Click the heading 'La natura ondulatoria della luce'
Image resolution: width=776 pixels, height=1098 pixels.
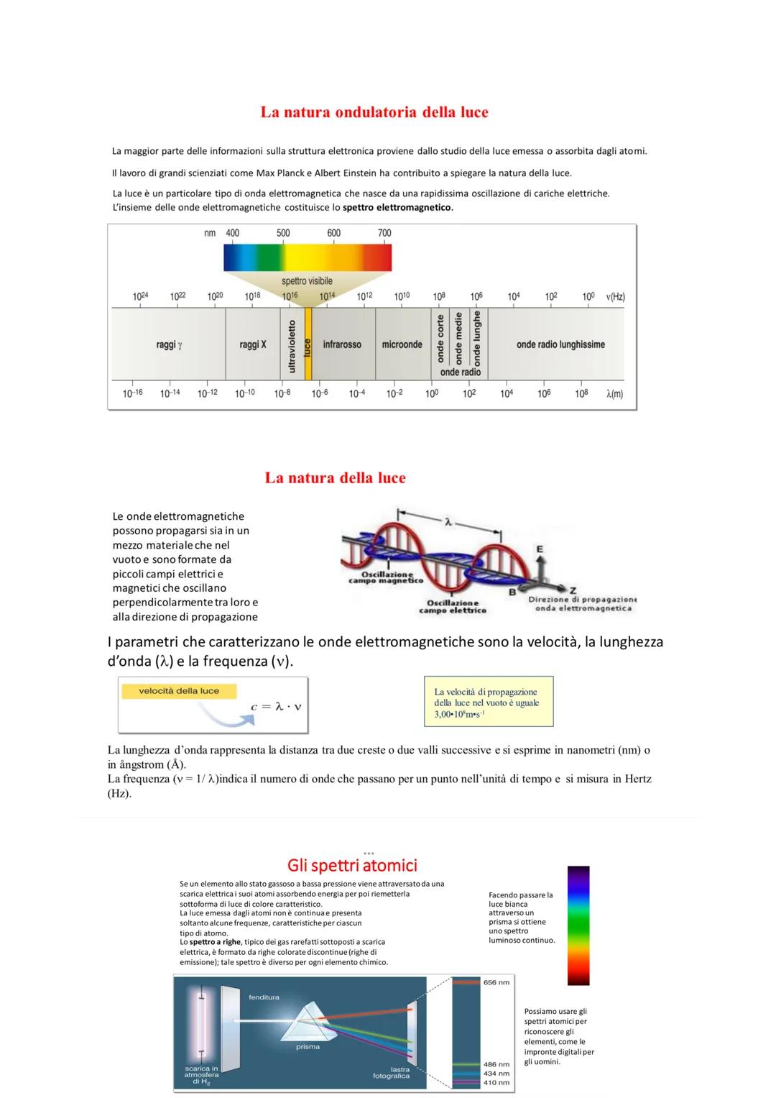point(374,112)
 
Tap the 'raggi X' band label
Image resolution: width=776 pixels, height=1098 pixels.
point(253,344)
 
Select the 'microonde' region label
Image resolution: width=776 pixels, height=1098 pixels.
point(402,344)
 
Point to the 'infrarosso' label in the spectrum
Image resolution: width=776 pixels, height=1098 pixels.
point(342,344)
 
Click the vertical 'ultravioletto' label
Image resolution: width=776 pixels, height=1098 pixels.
point(292,347)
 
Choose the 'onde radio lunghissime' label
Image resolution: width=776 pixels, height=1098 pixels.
point(560,344)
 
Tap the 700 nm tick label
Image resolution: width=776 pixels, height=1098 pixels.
point(384,233)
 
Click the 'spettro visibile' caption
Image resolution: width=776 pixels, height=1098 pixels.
point(307,281)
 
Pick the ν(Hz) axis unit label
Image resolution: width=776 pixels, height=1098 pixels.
point(615,296)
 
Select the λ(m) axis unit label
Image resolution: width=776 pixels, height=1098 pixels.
point(614,393)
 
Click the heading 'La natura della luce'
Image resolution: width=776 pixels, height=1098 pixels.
point(335,478)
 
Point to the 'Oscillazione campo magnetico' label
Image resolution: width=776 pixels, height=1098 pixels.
point(386,577)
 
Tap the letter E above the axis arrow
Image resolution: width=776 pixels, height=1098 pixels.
point(540,549)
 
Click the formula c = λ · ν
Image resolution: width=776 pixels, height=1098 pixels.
point(276,707)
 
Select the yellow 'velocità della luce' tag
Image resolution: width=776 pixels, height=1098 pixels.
point(179,691)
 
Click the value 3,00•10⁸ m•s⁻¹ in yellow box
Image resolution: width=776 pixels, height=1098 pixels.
point(460,714)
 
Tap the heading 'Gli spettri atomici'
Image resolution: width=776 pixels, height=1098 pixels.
point(352,865)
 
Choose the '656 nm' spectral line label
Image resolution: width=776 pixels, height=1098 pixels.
point(496,982)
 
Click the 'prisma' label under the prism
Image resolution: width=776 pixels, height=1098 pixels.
point(308,1046)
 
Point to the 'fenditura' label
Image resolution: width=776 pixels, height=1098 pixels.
point(264,997)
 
